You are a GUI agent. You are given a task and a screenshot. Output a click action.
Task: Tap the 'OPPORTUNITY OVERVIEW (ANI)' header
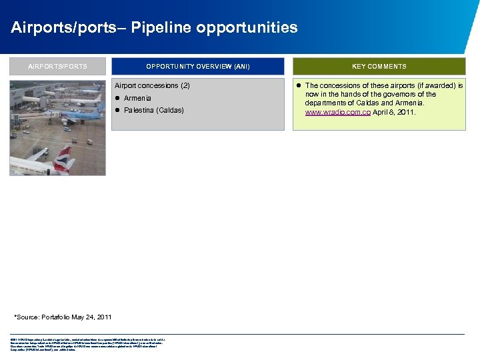click(198, 66)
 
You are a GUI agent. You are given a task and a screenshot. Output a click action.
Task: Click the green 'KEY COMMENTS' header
click(379, 66)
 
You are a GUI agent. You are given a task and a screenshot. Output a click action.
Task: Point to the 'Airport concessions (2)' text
click(153, 86)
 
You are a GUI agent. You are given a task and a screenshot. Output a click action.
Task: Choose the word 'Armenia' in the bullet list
click(137, 98)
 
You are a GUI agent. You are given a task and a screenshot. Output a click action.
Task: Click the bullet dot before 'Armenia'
click(117, 98)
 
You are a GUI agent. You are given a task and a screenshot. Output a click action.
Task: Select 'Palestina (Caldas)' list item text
click(153, 110)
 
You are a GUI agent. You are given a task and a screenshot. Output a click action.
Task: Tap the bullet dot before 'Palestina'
click(117, 110)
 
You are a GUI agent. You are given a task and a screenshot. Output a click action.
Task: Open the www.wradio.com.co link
click(338, 113)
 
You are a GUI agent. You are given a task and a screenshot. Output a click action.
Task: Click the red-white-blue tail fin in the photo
click(64, 159)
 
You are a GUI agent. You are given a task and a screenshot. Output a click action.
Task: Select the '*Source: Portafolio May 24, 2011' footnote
click(63, 317)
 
